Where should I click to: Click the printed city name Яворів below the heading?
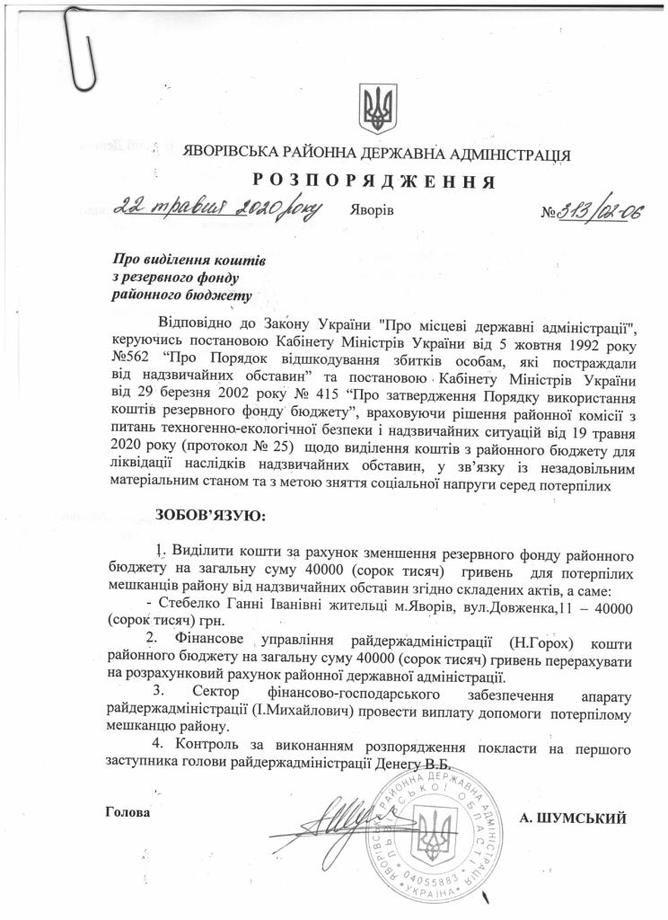pyautogui.click(x=370, y=211)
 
